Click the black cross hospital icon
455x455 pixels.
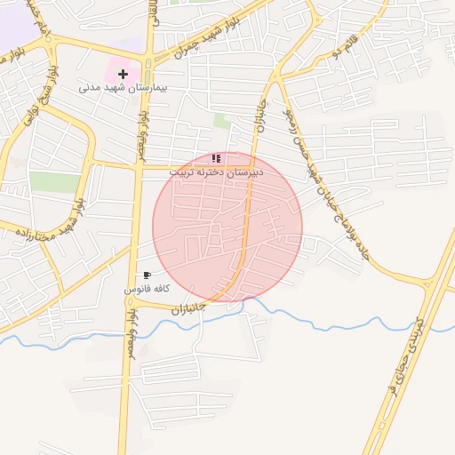tap(123, 73)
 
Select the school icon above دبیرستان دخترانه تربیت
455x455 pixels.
tap(217, 158)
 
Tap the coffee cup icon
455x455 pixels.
tap(147, 275)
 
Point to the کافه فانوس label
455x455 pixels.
tap(147, 290)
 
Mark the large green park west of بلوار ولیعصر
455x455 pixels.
tap(55, 182)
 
